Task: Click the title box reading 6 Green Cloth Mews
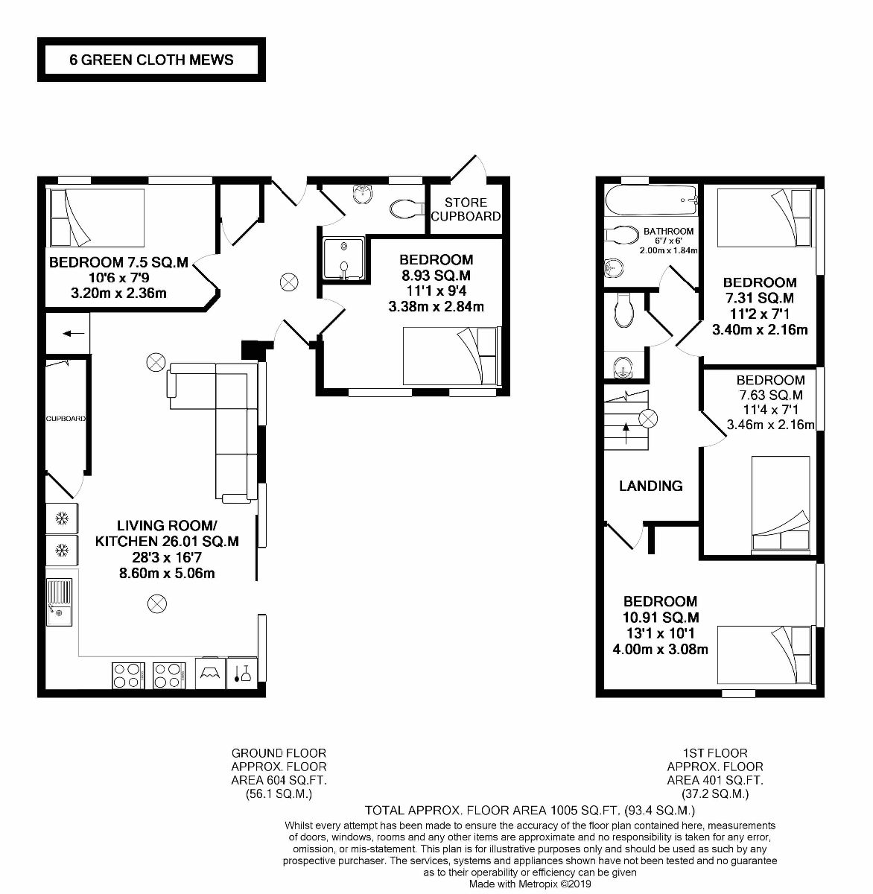[151, 60]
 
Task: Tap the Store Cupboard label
[466, 209]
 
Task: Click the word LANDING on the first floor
[651, 486]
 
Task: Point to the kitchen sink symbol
[60, 603]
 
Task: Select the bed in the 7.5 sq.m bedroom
[96, 217]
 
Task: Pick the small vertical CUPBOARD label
[66, 419]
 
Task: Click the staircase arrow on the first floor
[625, 428]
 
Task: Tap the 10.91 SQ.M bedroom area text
[661, 618]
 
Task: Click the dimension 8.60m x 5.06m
[167, 573]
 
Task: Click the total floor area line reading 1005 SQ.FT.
[529, 810]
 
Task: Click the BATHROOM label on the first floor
[668, 231]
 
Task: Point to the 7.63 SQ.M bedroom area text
[770, 395]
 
